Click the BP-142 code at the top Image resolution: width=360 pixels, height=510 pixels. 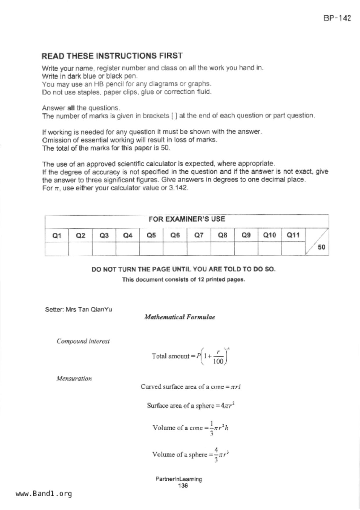337,18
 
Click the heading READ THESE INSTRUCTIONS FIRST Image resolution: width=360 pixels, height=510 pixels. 112,56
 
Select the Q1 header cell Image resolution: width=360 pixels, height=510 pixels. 57,235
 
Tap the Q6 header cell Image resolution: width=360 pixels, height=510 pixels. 175,235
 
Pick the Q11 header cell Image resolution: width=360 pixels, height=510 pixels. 293,235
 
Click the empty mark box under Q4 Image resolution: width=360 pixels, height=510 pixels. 128,249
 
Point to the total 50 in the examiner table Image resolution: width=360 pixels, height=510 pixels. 321,247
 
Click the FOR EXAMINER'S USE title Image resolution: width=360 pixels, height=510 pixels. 187,219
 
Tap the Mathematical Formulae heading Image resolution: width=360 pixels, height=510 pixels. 180,317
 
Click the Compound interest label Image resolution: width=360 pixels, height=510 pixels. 83,341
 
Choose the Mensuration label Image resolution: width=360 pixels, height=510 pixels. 74,379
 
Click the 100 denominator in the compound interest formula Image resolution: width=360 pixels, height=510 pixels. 218,361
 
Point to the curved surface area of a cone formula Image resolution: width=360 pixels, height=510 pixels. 191,387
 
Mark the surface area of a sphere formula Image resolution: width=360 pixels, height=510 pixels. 191,406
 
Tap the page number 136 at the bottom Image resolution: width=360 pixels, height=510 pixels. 183,486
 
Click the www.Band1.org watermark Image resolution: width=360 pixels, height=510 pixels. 44,494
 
